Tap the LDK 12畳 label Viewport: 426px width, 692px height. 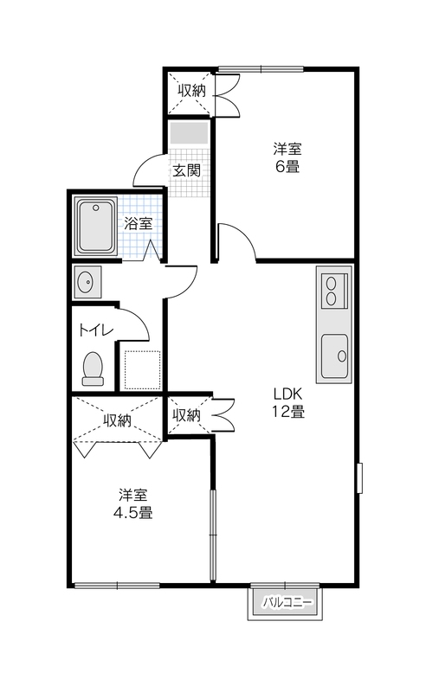288,402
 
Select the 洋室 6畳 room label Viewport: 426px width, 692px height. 287,157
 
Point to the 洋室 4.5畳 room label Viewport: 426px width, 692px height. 132,503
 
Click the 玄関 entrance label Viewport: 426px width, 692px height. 186,170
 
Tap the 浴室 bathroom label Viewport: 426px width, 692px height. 138,223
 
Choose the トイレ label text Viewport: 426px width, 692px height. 96,330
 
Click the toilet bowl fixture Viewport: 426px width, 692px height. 93,368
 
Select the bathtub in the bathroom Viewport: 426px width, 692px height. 96,227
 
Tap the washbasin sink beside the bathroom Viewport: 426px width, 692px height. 87,282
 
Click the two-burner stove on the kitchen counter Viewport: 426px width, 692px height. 334,291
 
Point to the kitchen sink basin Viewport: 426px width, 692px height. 334,356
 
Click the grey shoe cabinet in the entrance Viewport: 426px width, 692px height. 189,133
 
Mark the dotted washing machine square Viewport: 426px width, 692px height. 142,370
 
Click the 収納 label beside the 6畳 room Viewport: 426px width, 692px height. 192,91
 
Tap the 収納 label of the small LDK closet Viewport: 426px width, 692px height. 186,415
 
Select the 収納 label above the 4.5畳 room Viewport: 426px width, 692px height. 117,420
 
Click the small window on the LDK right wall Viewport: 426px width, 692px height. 359,478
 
